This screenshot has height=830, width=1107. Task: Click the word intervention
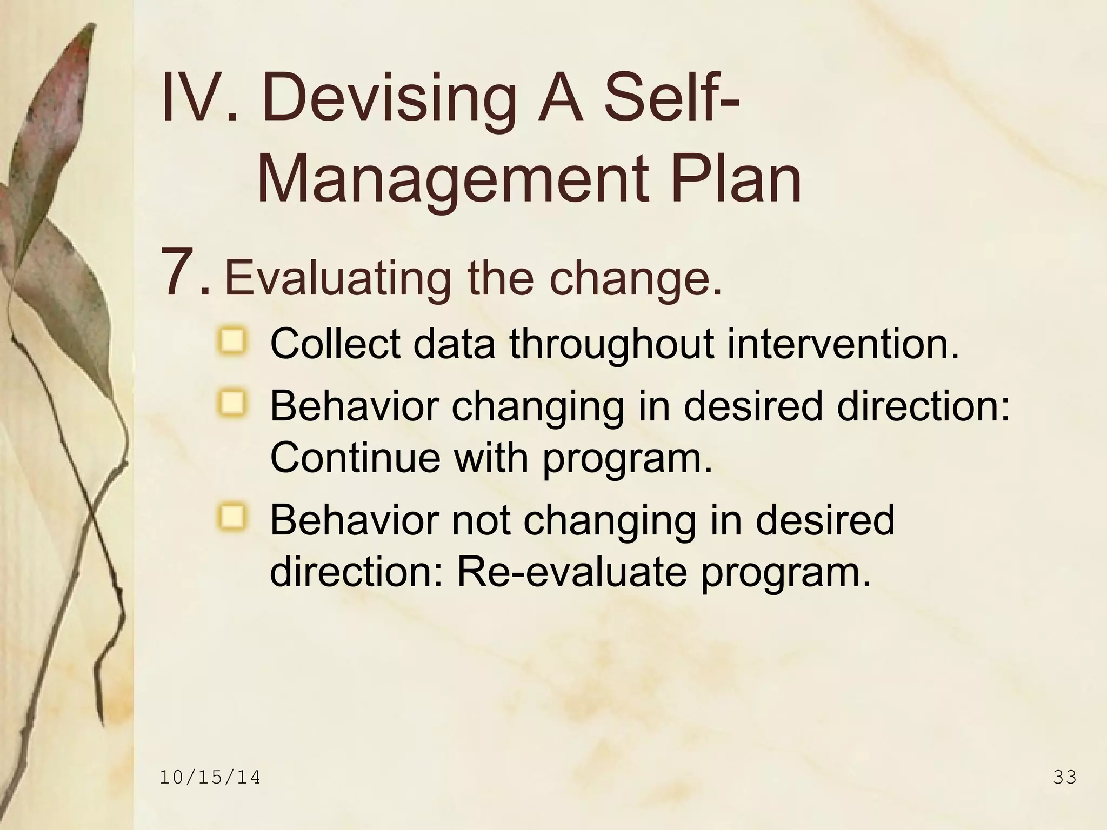pos(843,344)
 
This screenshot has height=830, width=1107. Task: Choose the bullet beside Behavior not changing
pos(232,517)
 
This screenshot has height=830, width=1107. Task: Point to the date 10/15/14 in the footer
pos(210,778)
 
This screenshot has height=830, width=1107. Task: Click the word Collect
pos(335,344)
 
